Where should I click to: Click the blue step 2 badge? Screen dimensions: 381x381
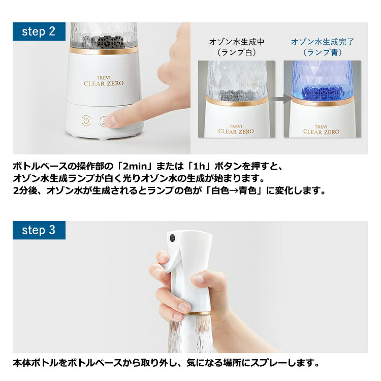[39, 31]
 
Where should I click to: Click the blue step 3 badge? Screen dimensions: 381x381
[39, 230]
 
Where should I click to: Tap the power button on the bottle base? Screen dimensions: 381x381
[86, 121]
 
